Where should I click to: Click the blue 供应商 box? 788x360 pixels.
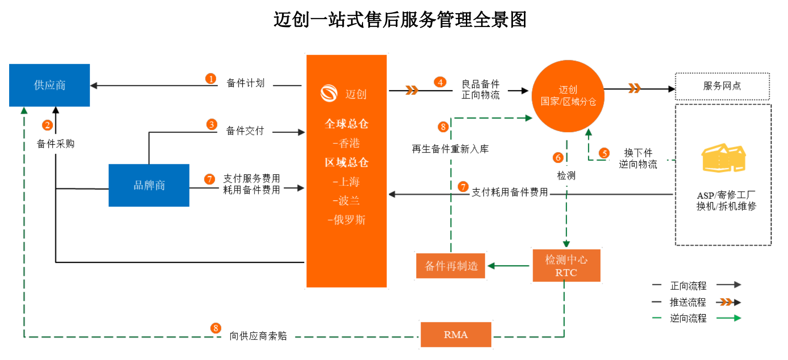[49, 85]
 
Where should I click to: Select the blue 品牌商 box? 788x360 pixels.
[149, 185]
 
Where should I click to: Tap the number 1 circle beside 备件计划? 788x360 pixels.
[211, 79]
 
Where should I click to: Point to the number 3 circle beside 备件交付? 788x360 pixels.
[212, 125]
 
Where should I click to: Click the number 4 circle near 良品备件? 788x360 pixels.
[440, 82]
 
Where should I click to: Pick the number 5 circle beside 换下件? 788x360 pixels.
[604, 153]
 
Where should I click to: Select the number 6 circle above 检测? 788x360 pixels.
[558, 157]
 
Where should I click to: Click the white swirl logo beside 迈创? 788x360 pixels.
[329, 93]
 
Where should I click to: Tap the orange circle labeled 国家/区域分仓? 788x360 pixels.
[568, 96]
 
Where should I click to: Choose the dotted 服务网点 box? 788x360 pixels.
[722, 86]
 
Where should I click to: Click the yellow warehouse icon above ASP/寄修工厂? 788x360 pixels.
[723, 158]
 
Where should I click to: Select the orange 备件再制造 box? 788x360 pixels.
[451, 266]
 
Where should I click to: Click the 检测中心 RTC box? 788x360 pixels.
[566, 265]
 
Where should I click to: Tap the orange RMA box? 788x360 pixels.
[455, 335]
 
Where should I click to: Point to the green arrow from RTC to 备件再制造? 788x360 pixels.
[509, 266]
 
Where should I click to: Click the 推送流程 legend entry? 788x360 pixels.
[688, 302]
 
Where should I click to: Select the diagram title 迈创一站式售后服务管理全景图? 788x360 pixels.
[400, 20]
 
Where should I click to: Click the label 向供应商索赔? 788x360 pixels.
[258, 336]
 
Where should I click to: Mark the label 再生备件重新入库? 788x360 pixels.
[450, 149]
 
